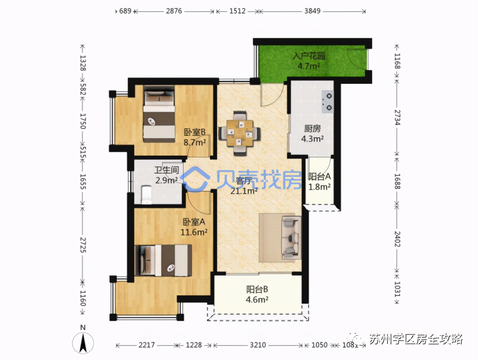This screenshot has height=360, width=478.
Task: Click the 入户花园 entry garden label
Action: tap(309, 56)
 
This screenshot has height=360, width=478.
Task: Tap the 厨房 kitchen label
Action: tap(312, 129)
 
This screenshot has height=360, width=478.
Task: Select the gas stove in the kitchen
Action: tap(328, 101)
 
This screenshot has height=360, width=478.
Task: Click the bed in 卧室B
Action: tap(159, 114)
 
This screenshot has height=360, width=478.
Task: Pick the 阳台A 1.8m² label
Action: tap(319, 181)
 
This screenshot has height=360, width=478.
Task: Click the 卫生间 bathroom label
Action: tap(167, 170)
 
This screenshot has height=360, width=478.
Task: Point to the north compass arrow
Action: tap(83, 343)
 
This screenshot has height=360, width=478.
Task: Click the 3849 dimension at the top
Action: tap(312, 11)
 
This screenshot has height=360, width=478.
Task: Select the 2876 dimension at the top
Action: tap(174, 11)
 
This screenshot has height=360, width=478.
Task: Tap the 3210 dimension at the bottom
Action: tap(258, 345)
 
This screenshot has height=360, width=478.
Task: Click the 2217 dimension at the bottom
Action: tap(147, 345)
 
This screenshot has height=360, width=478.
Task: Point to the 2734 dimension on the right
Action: tap(397, 118)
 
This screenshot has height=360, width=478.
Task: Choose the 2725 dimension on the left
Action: tap(83, 244)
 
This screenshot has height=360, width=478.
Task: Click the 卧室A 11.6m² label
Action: tap(194, 227)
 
